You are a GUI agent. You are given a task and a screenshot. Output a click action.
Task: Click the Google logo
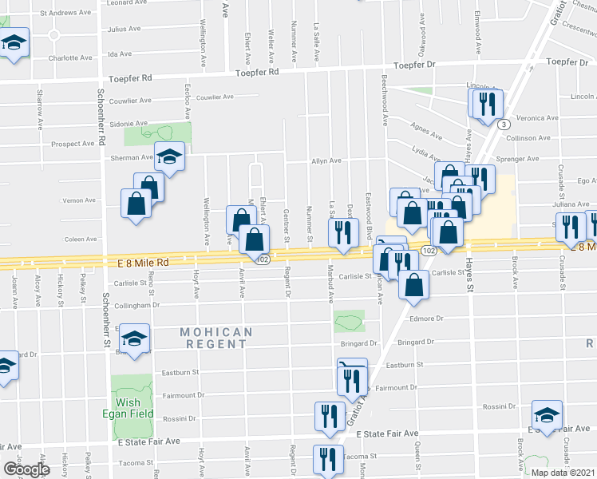(x=26, y=470)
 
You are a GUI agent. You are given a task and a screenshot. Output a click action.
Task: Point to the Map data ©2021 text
(x=563, y=473)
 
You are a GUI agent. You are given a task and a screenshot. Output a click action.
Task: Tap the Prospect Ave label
(x=73, y=144)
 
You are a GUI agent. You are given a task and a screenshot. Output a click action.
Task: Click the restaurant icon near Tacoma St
(x=328, y=457)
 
